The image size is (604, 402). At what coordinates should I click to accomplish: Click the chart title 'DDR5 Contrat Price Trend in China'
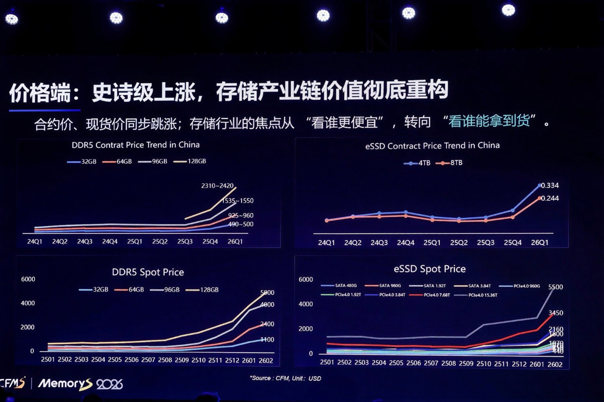tap(135, 145)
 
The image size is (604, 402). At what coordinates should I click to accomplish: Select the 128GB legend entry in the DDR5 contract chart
tap(190, 161)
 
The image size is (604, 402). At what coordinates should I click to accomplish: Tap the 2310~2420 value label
tap(217, 186)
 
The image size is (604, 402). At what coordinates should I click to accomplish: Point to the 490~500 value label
tap(241, 224)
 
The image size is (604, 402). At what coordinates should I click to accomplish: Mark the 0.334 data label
tap(550, 186)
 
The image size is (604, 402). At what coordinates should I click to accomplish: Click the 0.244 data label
tap(550, 198)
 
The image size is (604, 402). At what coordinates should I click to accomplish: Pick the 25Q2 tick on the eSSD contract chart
tap(459, 243)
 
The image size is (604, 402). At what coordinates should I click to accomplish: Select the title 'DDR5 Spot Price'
tap(148, 272)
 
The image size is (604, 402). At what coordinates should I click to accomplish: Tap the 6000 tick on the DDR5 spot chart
tap(28, 279)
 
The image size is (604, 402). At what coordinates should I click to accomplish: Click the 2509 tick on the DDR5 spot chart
tap(182, 360)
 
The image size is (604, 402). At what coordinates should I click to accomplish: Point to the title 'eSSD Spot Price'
tap(430, 269)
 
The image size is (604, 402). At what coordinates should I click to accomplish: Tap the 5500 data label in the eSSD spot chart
tap(555, 287)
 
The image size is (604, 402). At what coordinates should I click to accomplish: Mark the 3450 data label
tap(556, 313)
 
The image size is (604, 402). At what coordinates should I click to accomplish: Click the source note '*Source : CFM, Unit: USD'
tap(285, 378)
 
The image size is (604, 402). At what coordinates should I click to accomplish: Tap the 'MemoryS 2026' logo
tap(80, 384)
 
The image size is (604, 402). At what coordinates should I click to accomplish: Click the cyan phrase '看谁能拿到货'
tap(489, 121)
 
